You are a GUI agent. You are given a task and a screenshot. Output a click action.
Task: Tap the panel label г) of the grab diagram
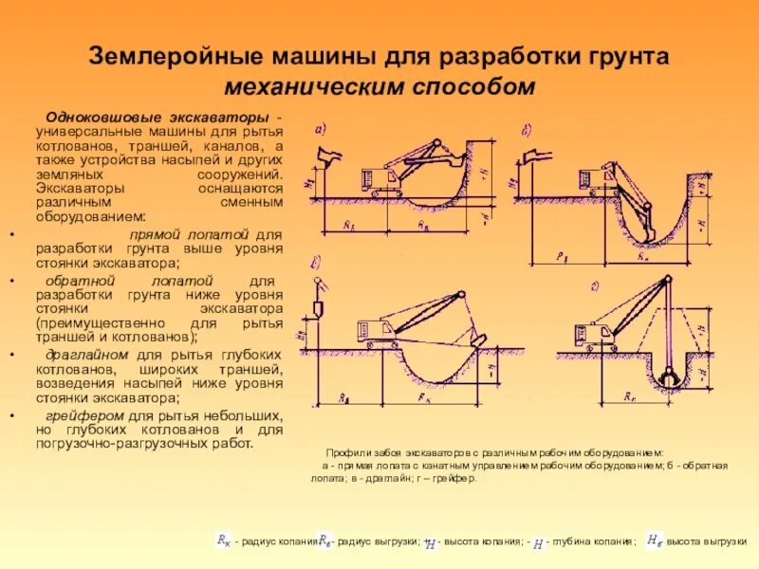569,284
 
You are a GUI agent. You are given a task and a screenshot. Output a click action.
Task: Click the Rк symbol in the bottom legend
224,541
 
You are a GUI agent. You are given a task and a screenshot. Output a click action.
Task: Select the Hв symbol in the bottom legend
654,540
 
